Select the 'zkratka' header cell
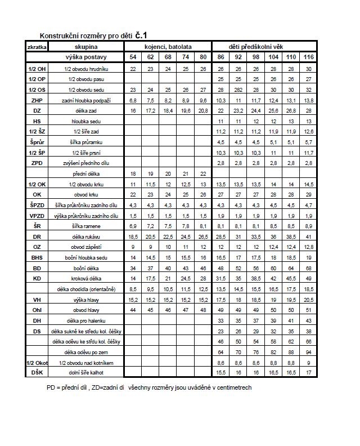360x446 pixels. pyautogui.click(x=37, y=47)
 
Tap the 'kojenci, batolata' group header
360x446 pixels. pyautogui.click(x=168, y=47)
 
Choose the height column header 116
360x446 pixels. pyautogui.click(x=308, y=57)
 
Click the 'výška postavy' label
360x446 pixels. pyautogui.click(x=87, y=57)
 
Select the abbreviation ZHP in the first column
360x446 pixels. pyautogui.click(x=37, y=100)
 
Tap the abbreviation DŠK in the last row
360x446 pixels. pyautogui.click(x=37, y=373)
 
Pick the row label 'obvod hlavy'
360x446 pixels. pyautogui.click(x=87, y=310)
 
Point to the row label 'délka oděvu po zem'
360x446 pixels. pyautogui.click(x=87, y=352)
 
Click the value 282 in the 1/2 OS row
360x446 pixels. pyautogui.click(x=238, y=90)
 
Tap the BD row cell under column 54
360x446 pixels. pyautogui.click(x=133, y=268)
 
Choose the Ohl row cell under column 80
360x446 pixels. pyautogui.click(x=203, y=310)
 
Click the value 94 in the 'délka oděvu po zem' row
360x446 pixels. pyautogui.click(x=308, y=352)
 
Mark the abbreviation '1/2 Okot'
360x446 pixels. pyautogui.click(x=37, y=363)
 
